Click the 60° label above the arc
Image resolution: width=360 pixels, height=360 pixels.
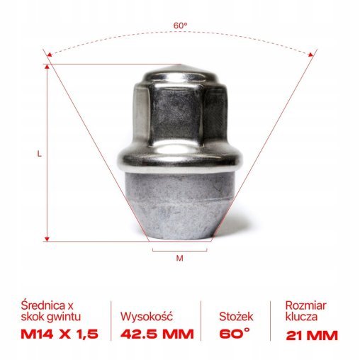pos(181,26)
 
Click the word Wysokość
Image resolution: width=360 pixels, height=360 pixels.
pos(148,317)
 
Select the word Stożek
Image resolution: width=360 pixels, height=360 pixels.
pos(236,317)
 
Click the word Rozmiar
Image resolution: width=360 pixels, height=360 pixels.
pos(306,306)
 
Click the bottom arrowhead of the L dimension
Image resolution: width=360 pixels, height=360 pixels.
pos(47,239)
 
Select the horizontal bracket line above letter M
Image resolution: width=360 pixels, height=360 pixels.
pos(179,249)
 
